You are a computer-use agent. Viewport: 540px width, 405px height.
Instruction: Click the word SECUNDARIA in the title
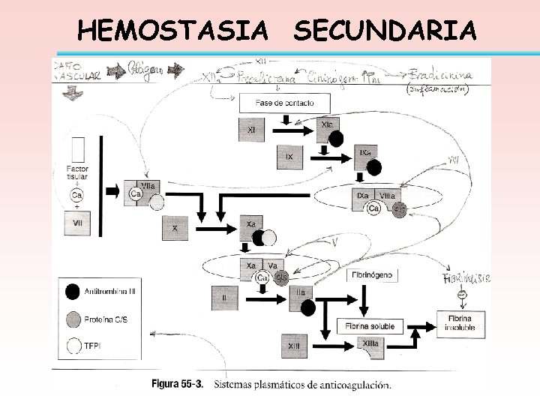pyautogui.click(x=385, y=31)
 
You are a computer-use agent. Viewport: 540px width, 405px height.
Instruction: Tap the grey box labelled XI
pyautogui.click(x=251, y=130)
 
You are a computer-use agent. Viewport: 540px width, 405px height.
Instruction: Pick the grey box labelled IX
pyautogui.click(x=289, y=156)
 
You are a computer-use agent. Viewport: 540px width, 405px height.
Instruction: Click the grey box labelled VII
pyautogui.click(x=77, y=223)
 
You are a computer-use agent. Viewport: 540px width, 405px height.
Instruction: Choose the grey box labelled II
pyautogui.click(x=224, y=298)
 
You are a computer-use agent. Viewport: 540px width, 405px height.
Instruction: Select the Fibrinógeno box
pyautogui.click(x=373, y=275)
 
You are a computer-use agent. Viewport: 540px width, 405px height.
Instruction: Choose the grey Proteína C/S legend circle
pyautogui.click(x=73, y=317)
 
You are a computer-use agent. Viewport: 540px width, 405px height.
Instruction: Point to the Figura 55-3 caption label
pyautogui.click(x=181, y=385)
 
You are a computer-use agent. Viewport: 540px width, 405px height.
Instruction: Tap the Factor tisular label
pyautogui.click(x=76, y=172)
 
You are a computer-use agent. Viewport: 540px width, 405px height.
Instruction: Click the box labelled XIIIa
pyautogui.click(x=370, y=344)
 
